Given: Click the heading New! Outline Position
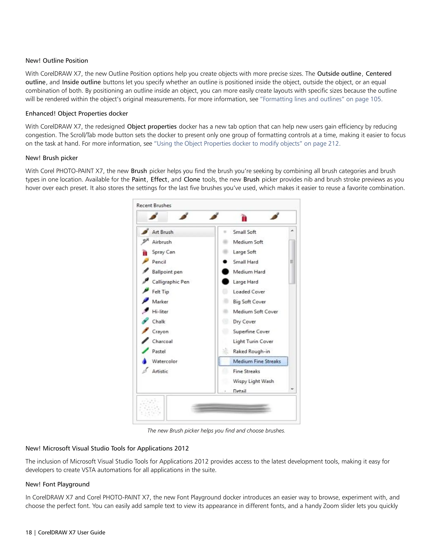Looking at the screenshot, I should click(57, 60).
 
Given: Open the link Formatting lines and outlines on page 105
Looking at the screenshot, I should click(321, 99).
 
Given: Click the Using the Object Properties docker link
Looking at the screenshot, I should click(247, 143).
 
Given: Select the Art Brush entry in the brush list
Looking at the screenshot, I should click(162, 232).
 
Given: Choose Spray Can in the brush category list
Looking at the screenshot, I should click(163, 252).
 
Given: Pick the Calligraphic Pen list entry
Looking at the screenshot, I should click(170, 282).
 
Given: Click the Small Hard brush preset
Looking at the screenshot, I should click(245, 262).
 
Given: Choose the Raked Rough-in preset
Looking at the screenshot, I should click(251, 351).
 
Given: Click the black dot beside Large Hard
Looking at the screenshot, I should click(225, 281).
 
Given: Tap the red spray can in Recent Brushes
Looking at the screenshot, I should click(244, 218).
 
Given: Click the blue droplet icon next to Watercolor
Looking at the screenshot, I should click(144, 361).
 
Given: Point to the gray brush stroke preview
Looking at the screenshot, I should click(231, 408).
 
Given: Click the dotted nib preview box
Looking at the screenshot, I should click(150, 408).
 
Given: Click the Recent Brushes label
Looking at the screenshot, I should click(154, 205).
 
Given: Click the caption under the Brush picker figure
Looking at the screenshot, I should click(216, 430).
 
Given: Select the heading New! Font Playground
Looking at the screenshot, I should click(58, 484).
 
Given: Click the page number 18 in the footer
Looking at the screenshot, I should click(29, 533).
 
